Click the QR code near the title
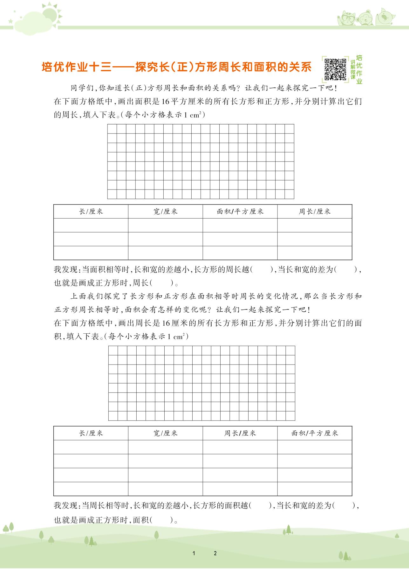point(335,69)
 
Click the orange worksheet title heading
point(176,67)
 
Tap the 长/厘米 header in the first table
point(91,212)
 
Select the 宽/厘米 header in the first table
point(165,212)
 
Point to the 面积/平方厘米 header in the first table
point(240,212)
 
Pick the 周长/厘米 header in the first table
point(315,212)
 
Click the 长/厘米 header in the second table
point(91,433)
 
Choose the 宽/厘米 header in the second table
point(165,433)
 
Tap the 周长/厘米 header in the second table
point(240,433)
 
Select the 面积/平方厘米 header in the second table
point(315,433)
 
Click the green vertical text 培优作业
point(359,70)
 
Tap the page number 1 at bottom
point(194,553)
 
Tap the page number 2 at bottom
point(215,553)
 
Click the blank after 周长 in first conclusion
point(162,282)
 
